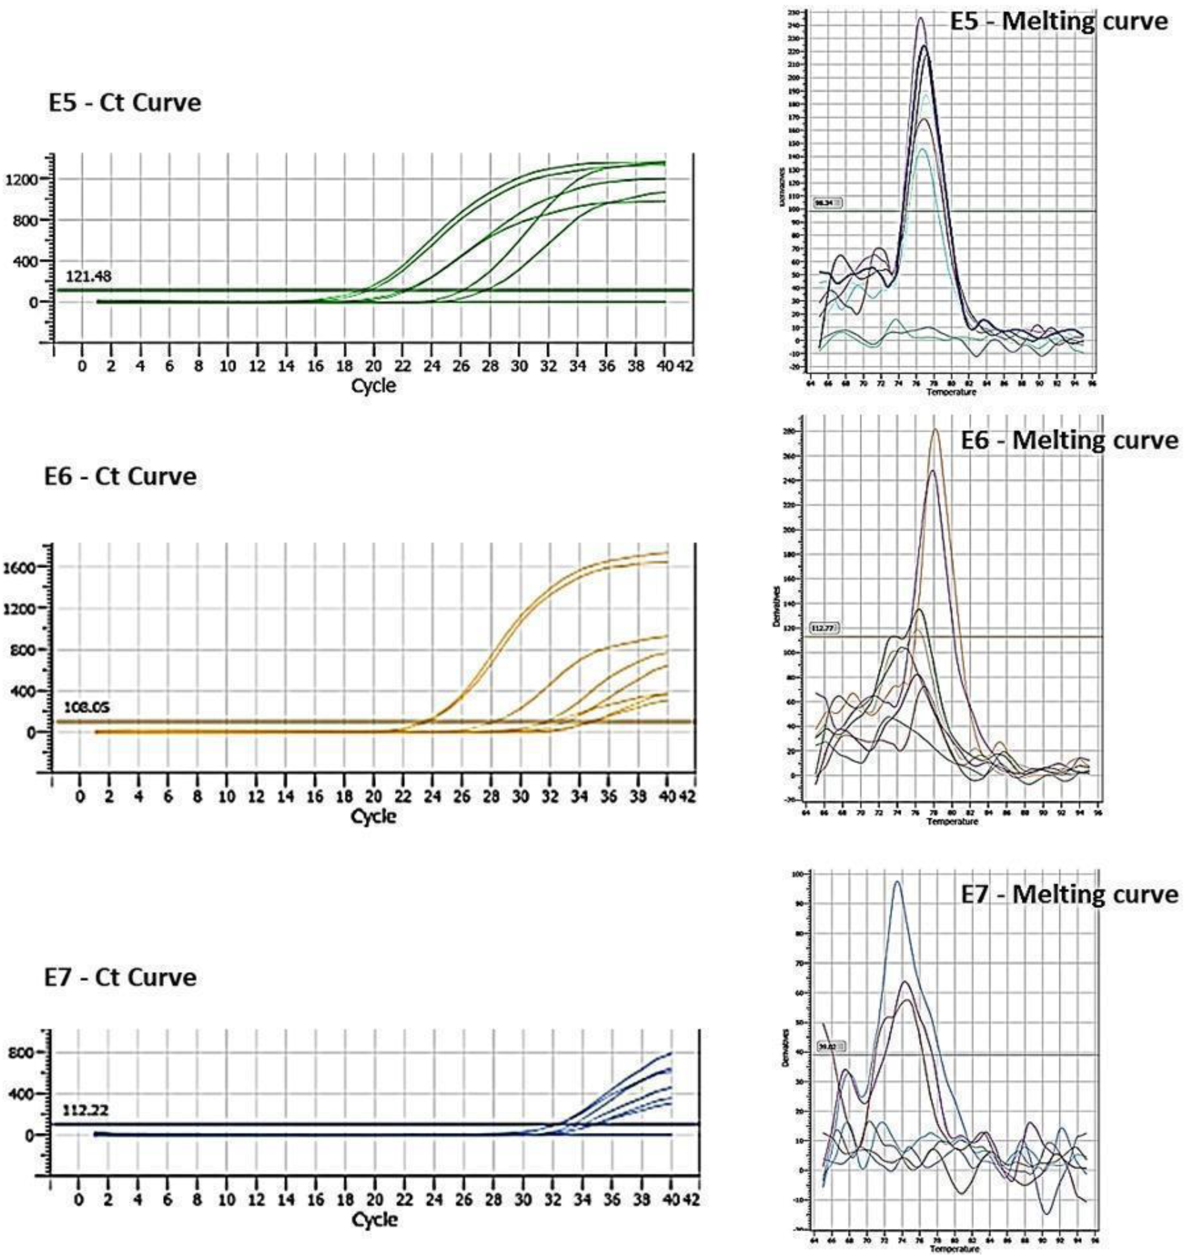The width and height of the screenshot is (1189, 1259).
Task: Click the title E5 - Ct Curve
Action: [125, 103]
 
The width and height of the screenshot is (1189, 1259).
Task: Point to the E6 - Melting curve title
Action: [1069, 440]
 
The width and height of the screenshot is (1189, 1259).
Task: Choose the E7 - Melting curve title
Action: [1069, 894]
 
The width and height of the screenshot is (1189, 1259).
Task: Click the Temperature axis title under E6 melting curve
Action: [952, 821]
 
